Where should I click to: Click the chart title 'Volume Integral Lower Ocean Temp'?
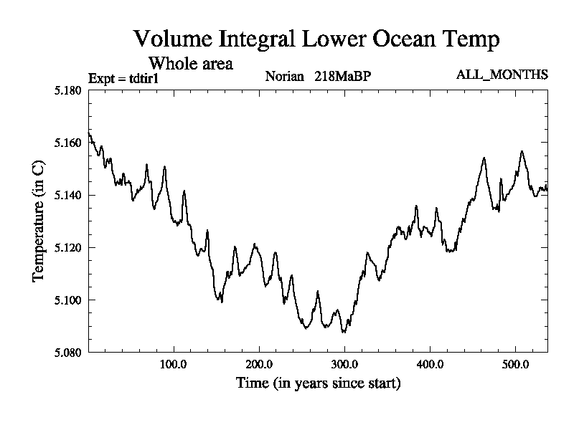(316, 39)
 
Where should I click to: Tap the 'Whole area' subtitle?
(190, 63)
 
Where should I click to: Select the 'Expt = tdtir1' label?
(123, 78)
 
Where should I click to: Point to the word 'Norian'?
(286, 76)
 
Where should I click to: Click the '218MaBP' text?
(342, 76)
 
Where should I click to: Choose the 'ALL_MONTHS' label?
(502, 75)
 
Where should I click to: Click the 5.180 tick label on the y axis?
(69, 90)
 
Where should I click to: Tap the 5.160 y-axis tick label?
(69, 143)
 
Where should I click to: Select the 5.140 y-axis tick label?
(69, 195)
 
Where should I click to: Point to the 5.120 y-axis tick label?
(69, 247)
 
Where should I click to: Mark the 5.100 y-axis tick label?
(69, 300)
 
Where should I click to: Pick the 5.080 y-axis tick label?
(69, 352)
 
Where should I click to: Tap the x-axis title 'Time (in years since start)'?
(318, 383)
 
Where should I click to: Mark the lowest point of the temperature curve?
(344, 333)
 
